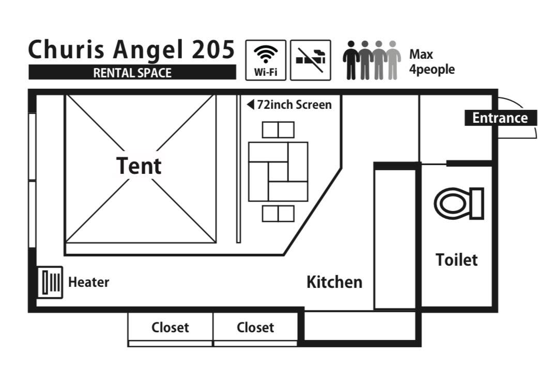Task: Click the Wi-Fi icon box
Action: [266, 60]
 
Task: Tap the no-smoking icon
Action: [310, 60]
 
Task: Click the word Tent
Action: [139, 166]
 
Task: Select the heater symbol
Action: [50, 282]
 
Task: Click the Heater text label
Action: [88, 282]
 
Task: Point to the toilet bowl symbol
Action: [458, 203]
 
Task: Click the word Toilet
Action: [456, 260]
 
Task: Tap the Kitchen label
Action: [334, 282]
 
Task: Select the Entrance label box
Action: [499, 118]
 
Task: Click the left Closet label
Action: [170, 328]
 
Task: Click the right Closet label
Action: [255, 328]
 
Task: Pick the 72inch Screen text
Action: [294, 105]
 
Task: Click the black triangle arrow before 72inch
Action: [250, 105]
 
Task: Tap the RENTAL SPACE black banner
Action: [132, 73]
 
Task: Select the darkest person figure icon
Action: [352, 60]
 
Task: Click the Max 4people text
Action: [432, 62]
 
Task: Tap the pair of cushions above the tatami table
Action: [278, 130]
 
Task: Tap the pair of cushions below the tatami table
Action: [278, 214]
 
